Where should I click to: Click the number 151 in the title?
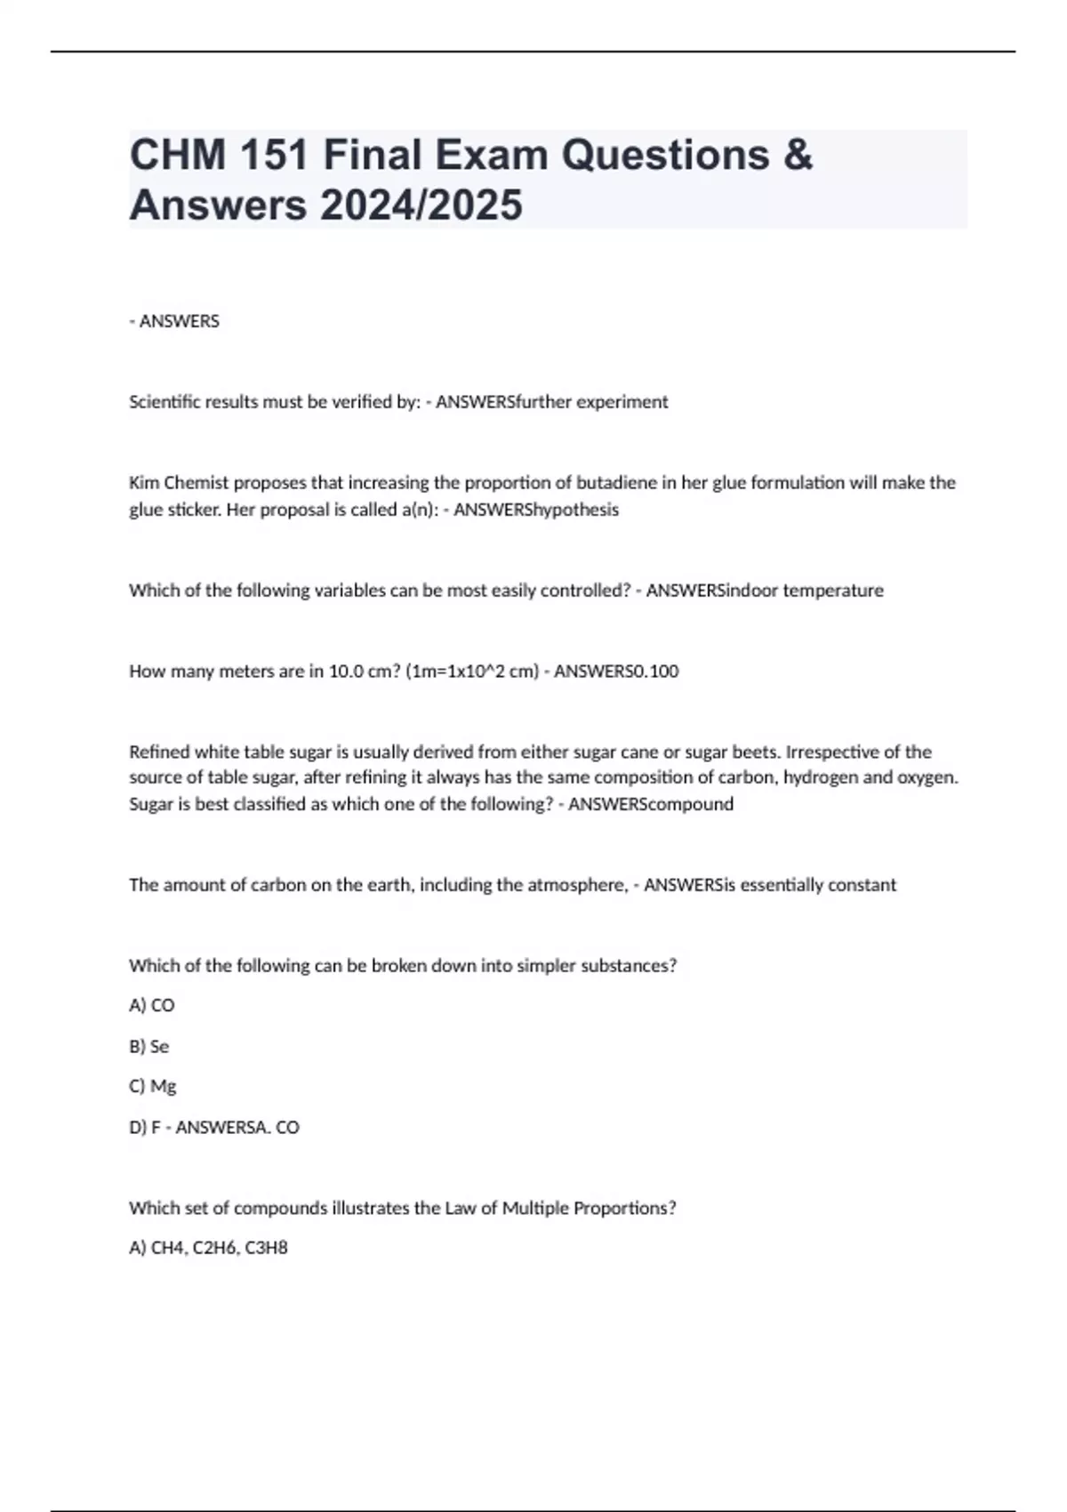(x=270, y=155)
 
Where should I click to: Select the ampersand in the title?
(x=798, y=155)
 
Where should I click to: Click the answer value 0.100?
(x=652, y=672)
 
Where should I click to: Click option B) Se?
(x=149, y=1047)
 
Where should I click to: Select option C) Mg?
(x=153, y=1086)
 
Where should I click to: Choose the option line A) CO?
(x=152, y=1005)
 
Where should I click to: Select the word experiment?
(x=622, y=402)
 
